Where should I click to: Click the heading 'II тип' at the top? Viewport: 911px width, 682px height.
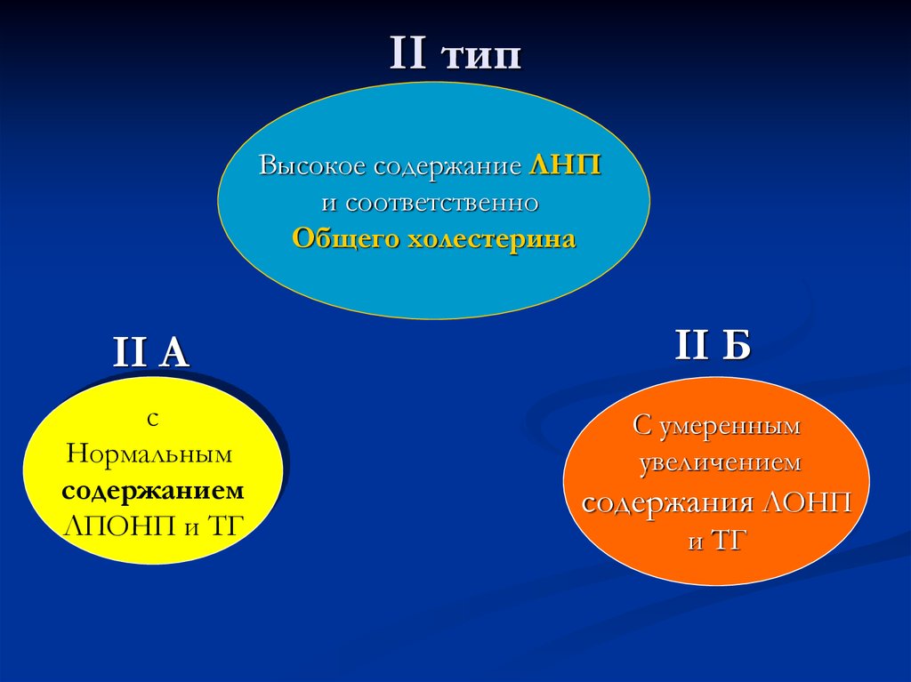coord(455,55)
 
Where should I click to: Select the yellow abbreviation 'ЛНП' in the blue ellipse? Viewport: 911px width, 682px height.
coord(565,166)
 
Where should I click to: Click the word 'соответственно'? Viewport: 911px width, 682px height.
coord(442,203)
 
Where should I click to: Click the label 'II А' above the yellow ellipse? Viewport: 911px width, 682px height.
coord(151,353)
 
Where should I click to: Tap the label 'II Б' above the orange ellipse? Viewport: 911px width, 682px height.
coord(713,346)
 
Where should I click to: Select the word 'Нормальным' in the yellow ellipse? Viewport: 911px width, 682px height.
coord(149,454)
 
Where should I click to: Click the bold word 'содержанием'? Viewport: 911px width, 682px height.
coord(153,491)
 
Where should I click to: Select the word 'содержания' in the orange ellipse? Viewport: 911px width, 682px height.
coord(669,502)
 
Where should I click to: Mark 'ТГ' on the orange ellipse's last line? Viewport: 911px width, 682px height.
coord(726,541)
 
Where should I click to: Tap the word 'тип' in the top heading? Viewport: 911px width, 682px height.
coord(480,55)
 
